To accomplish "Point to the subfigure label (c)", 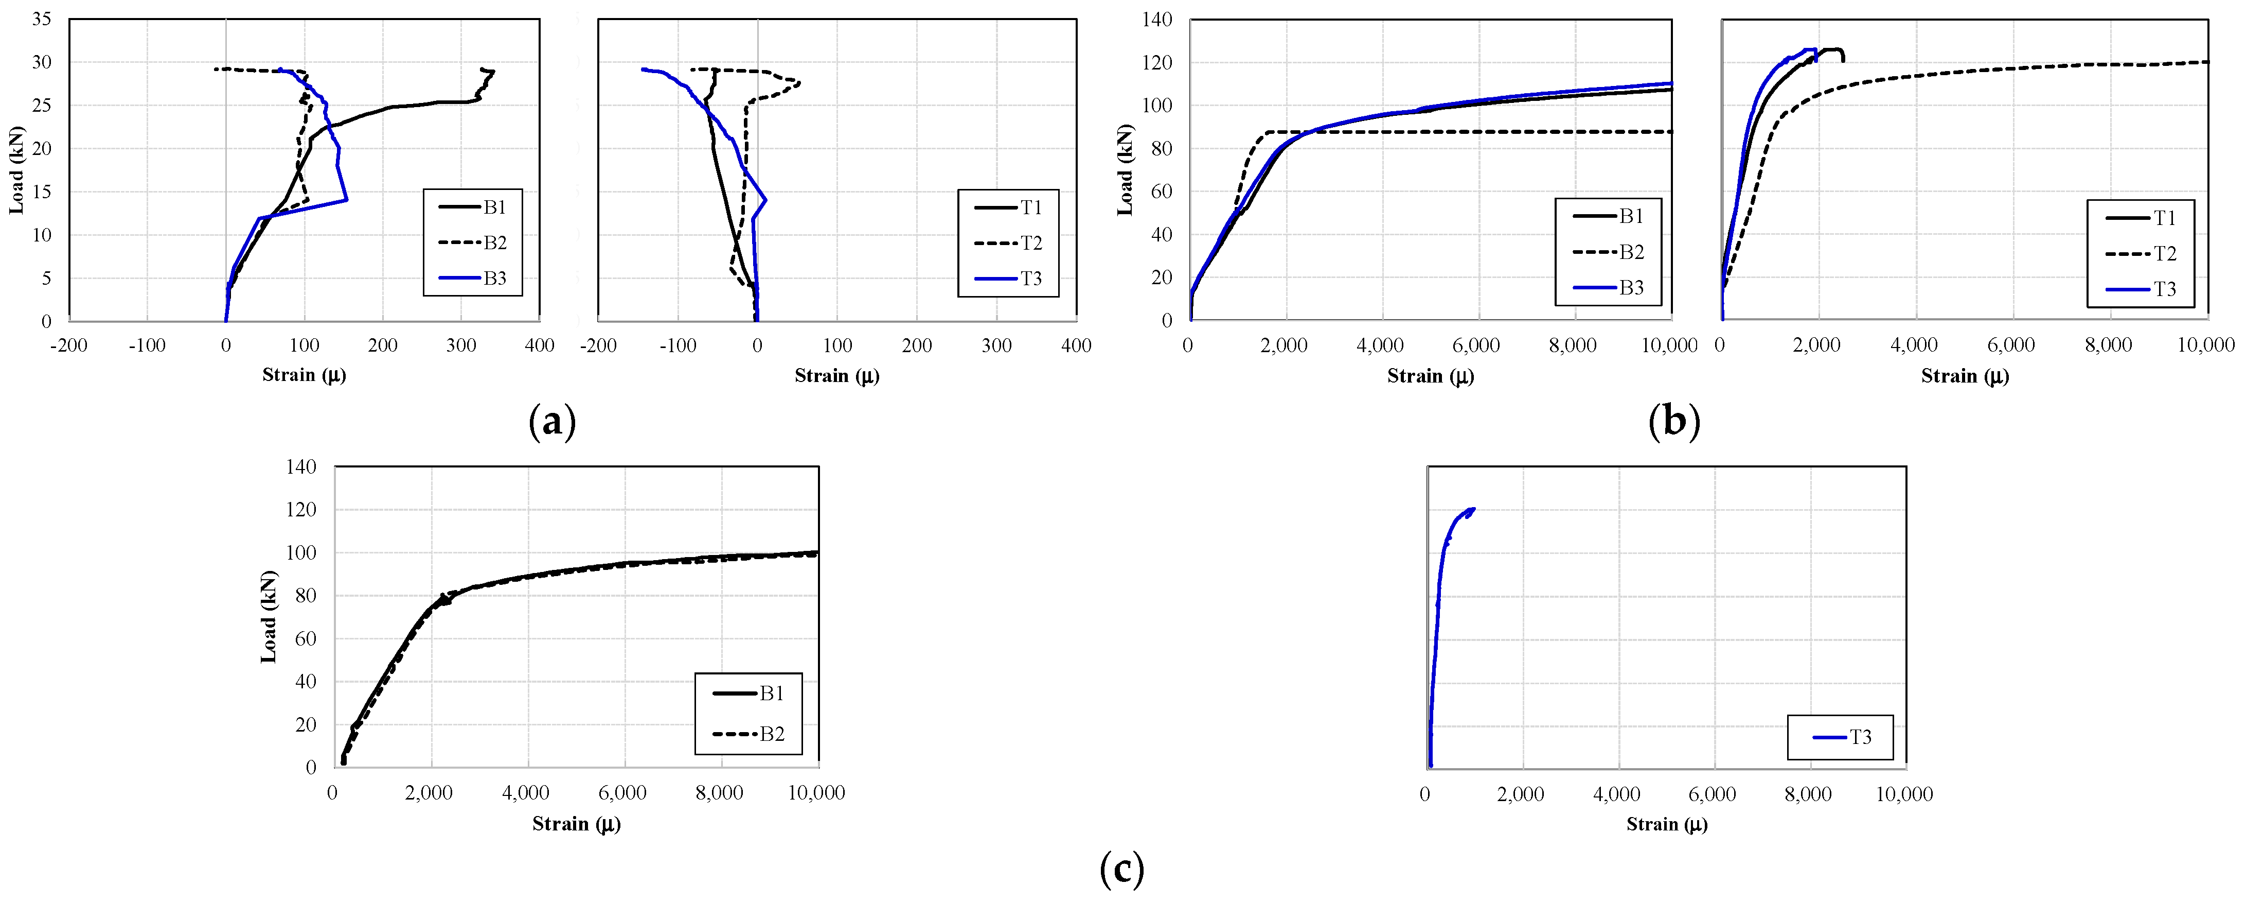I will pos(1121,869).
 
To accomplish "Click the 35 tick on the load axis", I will pos(41,19).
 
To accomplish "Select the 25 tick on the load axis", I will pos(41,106).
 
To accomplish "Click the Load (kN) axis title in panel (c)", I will pos(269,617).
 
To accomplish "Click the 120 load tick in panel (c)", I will pos(301,510).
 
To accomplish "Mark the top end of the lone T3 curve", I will pos(1473,509).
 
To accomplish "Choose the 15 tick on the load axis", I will pos(41,192).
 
